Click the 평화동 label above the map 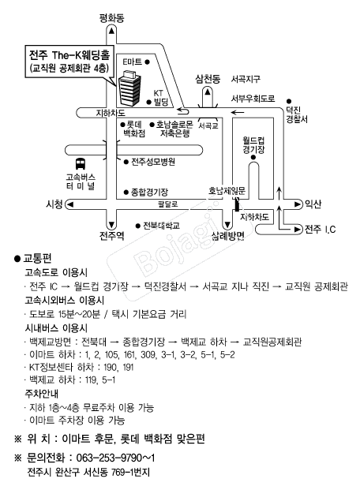[x=111, y=18]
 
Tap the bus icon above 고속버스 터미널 [x=81, y=164]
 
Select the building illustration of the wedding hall [x=129, y=88]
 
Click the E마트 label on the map [x=132, y=62]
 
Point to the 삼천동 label [x=208, y=79]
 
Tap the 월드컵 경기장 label [x=253, y=144]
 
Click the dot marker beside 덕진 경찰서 [x=289, y=101]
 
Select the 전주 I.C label [x=320, y=230]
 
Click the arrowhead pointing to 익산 [x=298, y=204]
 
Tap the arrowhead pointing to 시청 [x=69, y=204]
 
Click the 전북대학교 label [x=161, y=226]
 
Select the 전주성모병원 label [x=153, y=162]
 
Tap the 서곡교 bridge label [x=208, y=125]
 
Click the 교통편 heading [x=37, y=259]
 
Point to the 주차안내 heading [x=41, y=394]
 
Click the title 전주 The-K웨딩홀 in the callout [x=69, y=55]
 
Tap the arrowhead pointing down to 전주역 [x=111, y=224]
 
